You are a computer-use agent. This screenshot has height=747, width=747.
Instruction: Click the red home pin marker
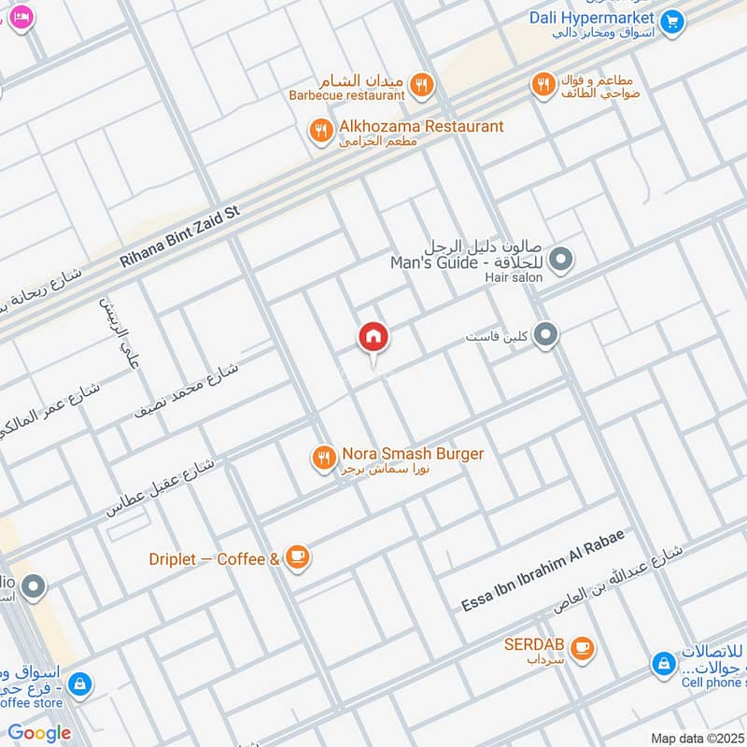[373, 338]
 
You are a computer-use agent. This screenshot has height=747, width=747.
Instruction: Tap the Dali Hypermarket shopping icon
[670, 21]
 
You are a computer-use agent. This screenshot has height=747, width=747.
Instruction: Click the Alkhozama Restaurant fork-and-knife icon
[321, 131]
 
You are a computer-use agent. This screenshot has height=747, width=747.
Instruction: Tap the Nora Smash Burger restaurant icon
[323, 458]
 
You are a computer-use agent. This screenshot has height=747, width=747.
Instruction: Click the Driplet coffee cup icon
[297, 558]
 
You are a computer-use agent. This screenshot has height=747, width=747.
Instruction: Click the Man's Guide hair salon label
[468, 263]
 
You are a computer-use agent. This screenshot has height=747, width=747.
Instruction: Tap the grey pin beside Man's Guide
[560, 260]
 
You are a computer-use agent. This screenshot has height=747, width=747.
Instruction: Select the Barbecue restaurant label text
[346, 95]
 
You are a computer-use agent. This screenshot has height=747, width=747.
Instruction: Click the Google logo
[40, 733]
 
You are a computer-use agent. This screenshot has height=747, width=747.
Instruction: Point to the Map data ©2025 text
[696, 738]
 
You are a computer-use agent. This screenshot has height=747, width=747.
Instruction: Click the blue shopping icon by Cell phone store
[663, 664]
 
